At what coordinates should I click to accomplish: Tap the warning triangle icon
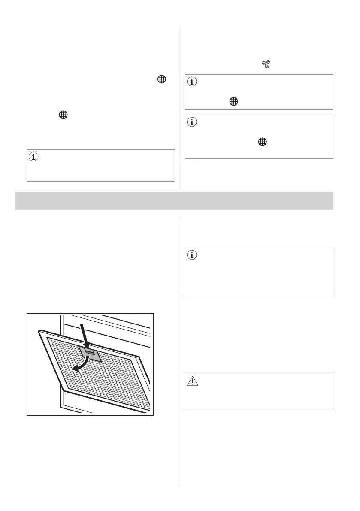click(192, 381)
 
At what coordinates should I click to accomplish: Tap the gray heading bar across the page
click(174, 200)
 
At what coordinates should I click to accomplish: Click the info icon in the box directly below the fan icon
click(192, 82)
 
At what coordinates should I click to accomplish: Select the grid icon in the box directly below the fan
click(233, 101)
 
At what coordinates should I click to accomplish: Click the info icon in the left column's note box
click(33, 157)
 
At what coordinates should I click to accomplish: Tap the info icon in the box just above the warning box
click(192, 255)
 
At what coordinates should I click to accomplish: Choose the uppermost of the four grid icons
click(161, 79)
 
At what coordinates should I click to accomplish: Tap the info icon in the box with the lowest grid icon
click(192, 122)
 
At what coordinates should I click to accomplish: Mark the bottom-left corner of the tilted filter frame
click(64, 390)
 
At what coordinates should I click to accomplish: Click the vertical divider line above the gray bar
click(179, 107)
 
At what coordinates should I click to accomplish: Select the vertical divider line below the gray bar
click(179, 343)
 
